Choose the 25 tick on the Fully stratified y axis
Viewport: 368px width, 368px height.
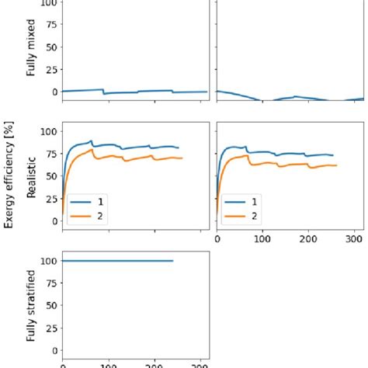coord(48,328)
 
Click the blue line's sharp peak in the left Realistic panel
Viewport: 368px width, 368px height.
coord(92,141)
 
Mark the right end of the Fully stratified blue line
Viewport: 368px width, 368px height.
coord(172,261)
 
